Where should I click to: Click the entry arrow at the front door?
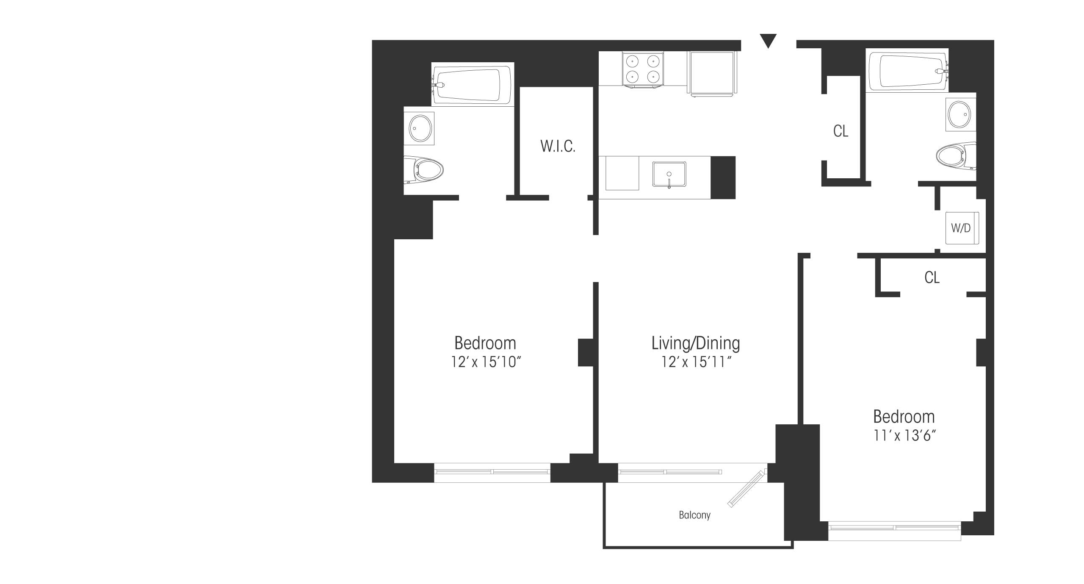point(768,41)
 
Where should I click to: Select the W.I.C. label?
point(558,146)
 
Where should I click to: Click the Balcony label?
point(694,515)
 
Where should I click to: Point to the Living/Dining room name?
point(695,343)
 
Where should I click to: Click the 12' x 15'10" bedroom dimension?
point(485,362)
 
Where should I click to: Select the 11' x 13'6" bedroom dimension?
point(904,436)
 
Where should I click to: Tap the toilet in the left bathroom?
point(423,170)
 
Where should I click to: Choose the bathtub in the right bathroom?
point(907,70)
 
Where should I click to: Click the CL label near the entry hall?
point(841,131)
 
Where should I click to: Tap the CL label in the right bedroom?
point(932,277)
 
